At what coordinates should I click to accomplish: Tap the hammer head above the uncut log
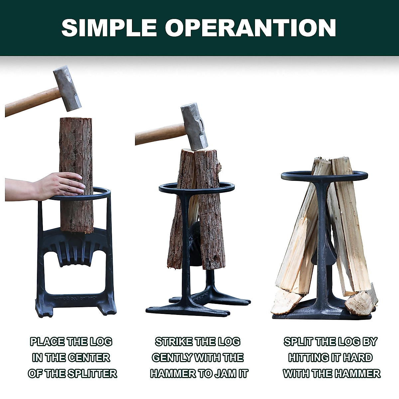pos(67,88)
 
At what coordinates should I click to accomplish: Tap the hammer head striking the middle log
pos(195,126)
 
